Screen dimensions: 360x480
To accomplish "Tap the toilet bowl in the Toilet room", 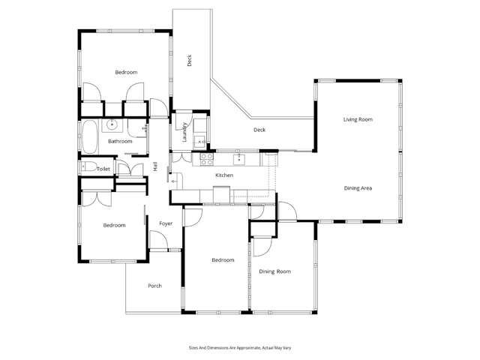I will point(88,168).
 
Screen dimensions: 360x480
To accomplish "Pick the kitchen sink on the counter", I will point(239,158).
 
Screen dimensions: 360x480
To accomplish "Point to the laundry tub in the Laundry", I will point(200,141).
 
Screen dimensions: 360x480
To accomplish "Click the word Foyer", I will point(165,223).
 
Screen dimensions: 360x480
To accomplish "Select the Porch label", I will point(154,286).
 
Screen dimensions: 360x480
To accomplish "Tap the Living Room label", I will point(358,119).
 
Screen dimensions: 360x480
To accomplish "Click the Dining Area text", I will point(358,187).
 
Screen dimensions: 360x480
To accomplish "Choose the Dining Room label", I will point(274,271).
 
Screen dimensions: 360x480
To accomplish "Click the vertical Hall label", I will point(155,167).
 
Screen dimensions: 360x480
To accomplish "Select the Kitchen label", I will point(224,175).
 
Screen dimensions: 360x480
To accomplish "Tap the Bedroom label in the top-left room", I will point(125,72).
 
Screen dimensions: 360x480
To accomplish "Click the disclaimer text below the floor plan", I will point(239,348).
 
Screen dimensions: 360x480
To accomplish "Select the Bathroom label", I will point(120,141).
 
